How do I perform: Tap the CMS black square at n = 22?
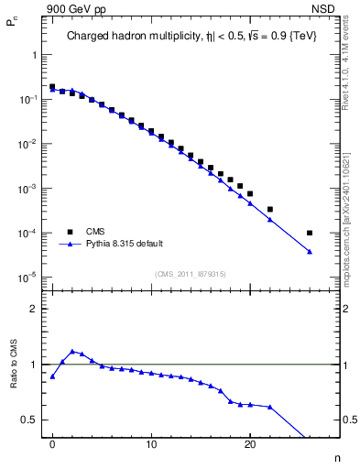269,209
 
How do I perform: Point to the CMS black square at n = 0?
52,87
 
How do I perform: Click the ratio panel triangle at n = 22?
269,407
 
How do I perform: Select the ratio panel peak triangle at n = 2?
72,351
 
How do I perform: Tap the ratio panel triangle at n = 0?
52,376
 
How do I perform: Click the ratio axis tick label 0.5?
34,420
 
